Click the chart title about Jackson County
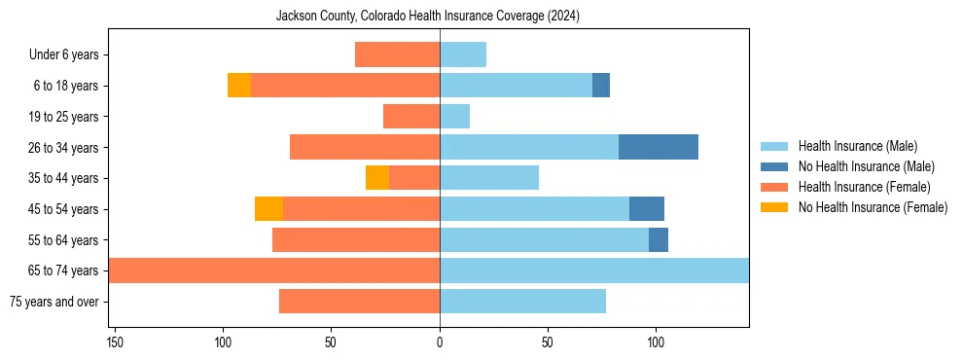coord(428,17)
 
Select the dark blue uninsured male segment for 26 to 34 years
coord(659,147)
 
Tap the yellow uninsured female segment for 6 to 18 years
coord(239,86)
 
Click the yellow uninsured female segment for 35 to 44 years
coord(377,178)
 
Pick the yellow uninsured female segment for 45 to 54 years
coord(269,208)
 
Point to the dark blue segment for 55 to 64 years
coord(659,239)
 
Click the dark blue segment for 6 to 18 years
coord(601,86)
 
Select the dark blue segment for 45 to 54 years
coord(647,208)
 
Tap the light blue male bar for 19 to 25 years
coord(454,117)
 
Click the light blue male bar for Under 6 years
coord(463,55)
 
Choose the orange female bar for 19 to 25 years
coord(411,117)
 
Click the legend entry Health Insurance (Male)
coord(857,146)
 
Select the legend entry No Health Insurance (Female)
coord(873,207)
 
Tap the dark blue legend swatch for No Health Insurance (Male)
coord(774,166)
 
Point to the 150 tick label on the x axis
coord(115,342)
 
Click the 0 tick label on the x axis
coord(440,342)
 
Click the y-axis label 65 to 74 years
coord(64,270)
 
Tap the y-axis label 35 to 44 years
coord(64,178)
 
